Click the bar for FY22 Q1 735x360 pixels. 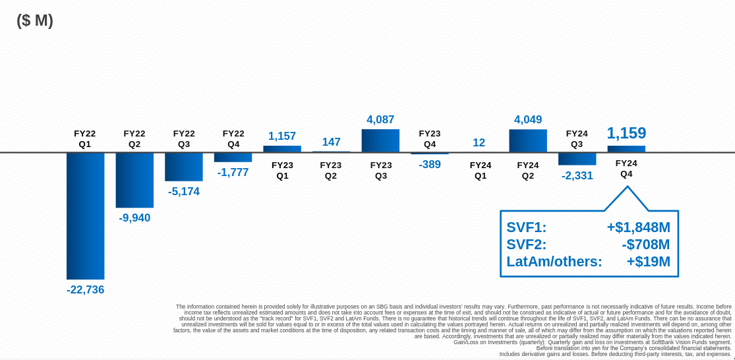click(x=85, y=216)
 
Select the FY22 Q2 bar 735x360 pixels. click(x=134, y=180)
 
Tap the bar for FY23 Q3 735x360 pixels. click(x=380, y=140)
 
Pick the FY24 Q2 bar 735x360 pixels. click(x=528, y=140)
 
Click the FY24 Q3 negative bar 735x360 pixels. click(x=577, y=159)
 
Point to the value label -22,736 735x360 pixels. click(x=85, y=289)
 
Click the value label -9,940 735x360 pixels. click(x=134, y=218)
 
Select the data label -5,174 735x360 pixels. click(x=184, y=191)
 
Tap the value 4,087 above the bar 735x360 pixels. click(x=380, y=120)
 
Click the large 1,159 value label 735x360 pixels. click(x=626, y=133)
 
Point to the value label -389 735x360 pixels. click(x=430, y=165)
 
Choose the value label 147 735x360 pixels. click(x=331, y=142)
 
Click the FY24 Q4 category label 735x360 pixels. click(x=626, y=169)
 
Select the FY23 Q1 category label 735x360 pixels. click(x=282, y=171)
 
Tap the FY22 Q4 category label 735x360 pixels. click(x=233, y=138)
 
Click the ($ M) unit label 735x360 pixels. click(x=35, y=20)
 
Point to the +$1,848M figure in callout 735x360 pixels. click(x=638, y=227)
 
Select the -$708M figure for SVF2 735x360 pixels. click(x=645, y=245)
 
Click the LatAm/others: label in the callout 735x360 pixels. click(x=554, y=262)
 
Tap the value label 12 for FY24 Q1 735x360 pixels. click(x=479, y=142)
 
